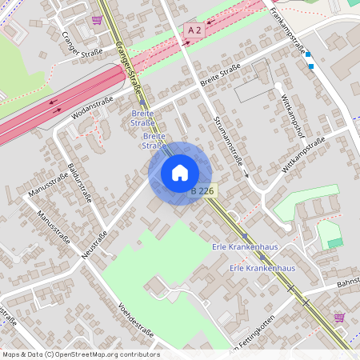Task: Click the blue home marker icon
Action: (180, 172)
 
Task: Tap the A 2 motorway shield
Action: (194, 30)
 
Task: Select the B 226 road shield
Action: (203, 190)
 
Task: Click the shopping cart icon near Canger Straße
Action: (97, 20)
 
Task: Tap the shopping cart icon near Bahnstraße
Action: (339, 317)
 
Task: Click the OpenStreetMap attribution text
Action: (81, 354)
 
